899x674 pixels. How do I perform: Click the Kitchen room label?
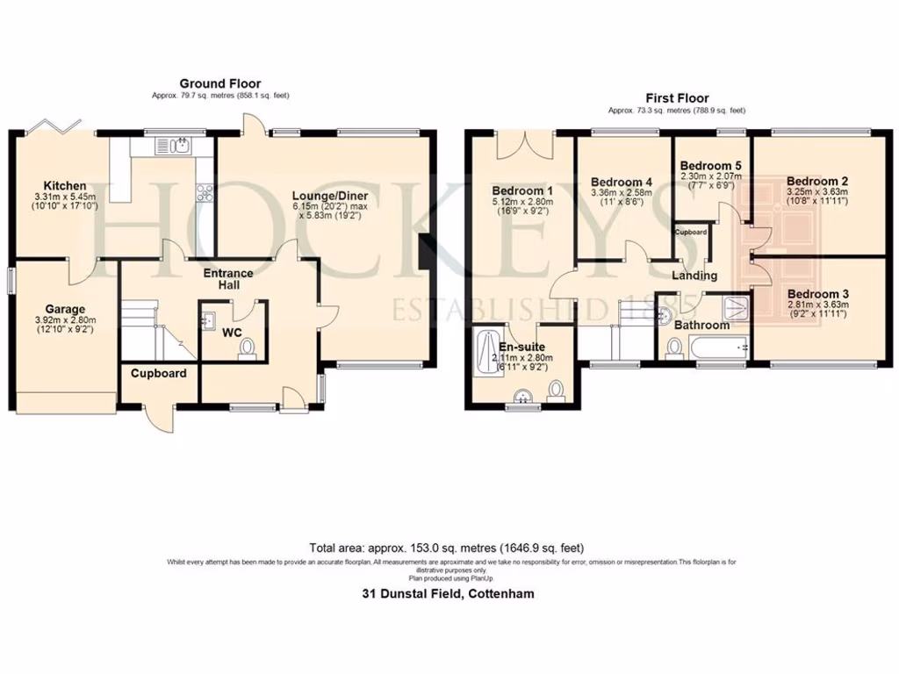point(66,185)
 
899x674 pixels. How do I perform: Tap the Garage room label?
point(66,309)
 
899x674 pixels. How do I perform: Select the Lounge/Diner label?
point(338,195)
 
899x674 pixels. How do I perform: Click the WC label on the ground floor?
point(232,333)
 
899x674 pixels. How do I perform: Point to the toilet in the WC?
point(247,350)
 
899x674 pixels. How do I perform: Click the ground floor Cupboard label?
point(159,373)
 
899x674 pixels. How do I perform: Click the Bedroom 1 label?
point(522,190)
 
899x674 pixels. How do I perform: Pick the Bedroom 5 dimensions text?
point(711,182)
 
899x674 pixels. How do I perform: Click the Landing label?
point(694,276)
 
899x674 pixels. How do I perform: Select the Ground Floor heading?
point(212,83)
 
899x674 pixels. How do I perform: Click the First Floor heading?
point(676,98)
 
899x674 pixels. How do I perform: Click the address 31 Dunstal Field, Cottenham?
point(449,593)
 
